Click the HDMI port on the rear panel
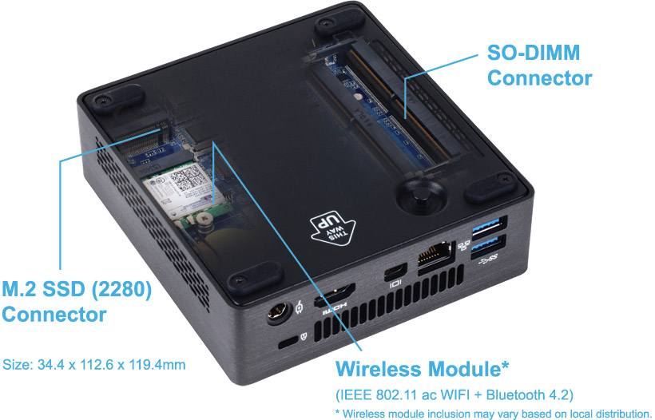334,294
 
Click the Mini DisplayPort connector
395,271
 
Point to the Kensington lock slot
288,343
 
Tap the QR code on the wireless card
188,177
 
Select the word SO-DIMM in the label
534,53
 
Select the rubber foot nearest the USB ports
490,187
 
